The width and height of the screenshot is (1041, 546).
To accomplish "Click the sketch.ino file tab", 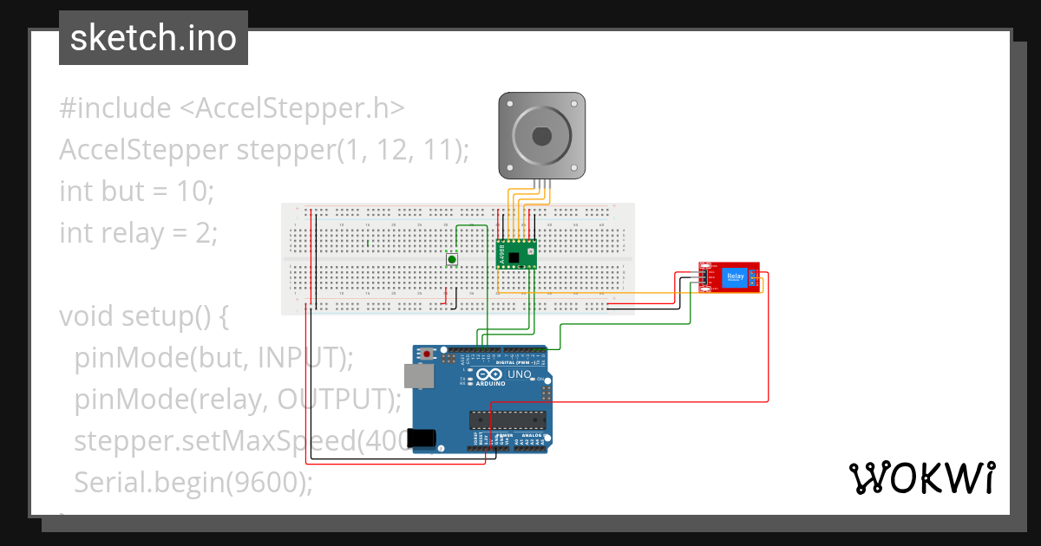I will (153, 38).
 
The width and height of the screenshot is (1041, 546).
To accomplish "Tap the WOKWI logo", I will (921, 478).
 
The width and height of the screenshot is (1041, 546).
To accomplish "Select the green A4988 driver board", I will (515, 254).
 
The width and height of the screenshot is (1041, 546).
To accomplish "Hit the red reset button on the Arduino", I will (428, 354).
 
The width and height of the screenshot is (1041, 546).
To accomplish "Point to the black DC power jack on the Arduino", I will (422, 439).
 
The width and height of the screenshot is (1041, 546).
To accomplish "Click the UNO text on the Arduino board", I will (519, 374).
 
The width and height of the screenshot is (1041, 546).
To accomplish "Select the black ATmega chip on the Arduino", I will (508, 419).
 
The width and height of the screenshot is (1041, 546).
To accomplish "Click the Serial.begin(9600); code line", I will (193, 482).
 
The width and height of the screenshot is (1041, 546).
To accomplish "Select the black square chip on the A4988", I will (516, 257).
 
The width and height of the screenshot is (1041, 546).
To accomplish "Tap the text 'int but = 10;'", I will (136, 191).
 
